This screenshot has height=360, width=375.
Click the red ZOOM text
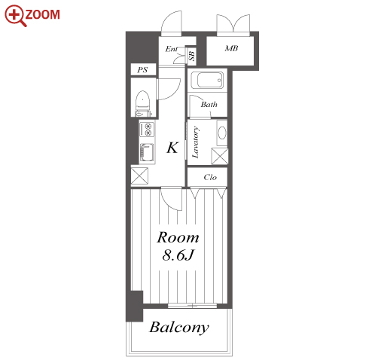pyautogui.click(x=42, y=14)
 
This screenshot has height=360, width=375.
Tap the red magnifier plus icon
pyautogui.click(x=15, y=16)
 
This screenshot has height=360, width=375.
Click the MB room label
pyautogui.click(x=231, y=48)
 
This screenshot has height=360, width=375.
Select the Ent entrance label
pyautogui.click(x=172, y=49)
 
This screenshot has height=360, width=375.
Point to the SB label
pyautogui.click(x=192, y=56)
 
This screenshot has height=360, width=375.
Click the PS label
pyautogui.click(x=142, y=69)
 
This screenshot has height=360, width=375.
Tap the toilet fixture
pyautogui.click(x=143, y=104)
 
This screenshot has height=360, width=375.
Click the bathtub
pyautogui.click(x=207, y=81)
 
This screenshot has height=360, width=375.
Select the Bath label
pyautogui.click(x=209, y=104)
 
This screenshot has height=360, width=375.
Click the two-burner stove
pyautogui.click(x=147, y=129)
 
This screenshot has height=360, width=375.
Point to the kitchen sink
pyautogui.click(x=147, y=153)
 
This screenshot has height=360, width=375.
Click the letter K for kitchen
pyautogui.click(x=172, y=148)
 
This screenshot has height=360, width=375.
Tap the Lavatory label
pyautogui.click(x=196, y=142)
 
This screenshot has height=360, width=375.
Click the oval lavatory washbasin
pyautogui.click(x=222, y=133)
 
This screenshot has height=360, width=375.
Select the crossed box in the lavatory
pyautogui.click(x=220, y=156)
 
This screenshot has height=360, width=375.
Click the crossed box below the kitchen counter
pyautogui.click(x=139, y=175)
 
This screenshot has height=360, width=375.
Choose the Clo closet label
pyautogui.click(x=210, y=177)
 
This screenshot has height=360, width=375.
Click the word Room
pyautogui.click(x=178, y=237)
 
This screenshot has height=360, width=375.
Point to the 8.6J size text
pyautogui.click(x=178, y=255)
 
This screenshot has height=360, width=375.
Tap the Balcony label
pyautogui.click(x=179, y=328)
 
